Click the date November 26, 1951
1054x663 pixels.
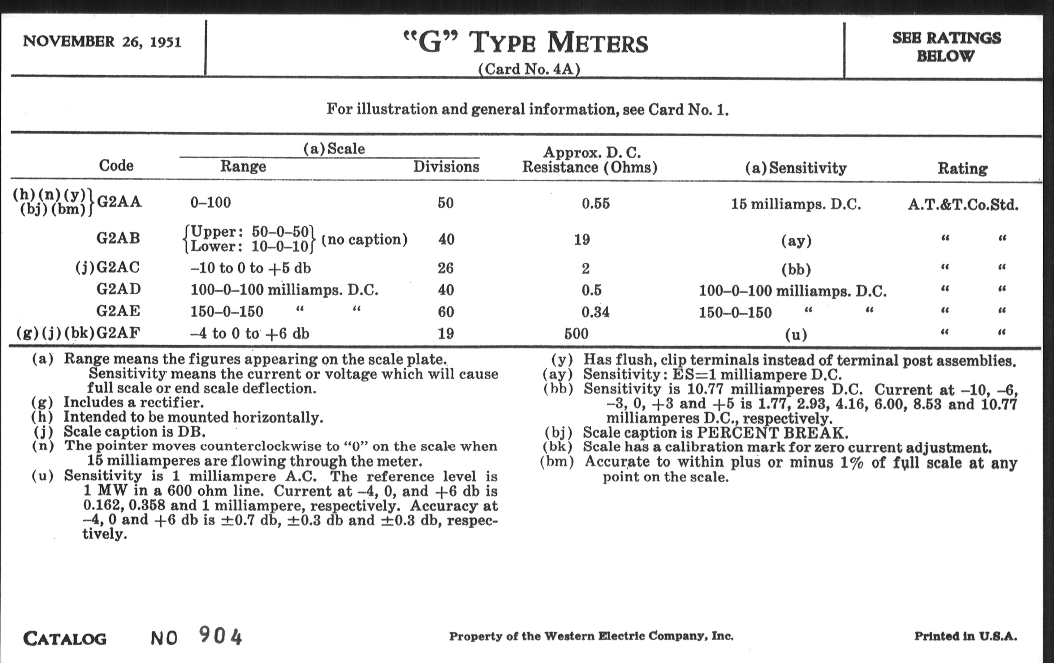tap(102, 42)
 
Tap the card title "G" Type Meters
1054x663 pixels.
tap(525, 44)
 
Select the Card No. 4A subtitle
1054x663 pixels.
tap(529, 69)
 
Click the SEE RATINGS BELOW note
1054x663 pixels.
tap(947, 47)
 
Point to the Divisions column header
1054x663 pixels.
tap(446, 167)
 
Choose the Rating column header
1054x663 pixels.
tap(962, 169)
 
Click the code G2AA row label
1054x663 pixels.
tap(119, 202)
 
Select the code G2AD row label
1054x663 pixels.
tap(119, 289)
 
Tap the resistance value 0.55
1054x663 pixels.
tap(595, 204)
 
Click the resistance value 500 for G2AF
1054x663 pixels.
tap(576, 334)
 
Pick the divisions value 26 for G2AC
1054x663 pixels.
tap(446, 268)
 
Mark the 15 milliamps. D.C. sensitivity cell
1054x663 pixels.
tap(796, 205)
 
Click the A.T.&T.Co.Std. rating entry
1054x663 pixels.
tap(963, 205)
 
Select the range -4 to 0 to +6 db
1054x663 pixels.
tap(250, 334)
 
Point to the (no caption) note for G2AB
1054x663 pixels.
tap(364, 239)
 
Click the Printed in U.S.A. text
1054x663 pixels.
tap(965, 636)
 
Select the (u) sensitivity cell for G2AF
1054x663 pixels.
tap(796, 335)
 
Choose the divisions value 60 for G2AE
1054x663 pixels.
tap(446, 312)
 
